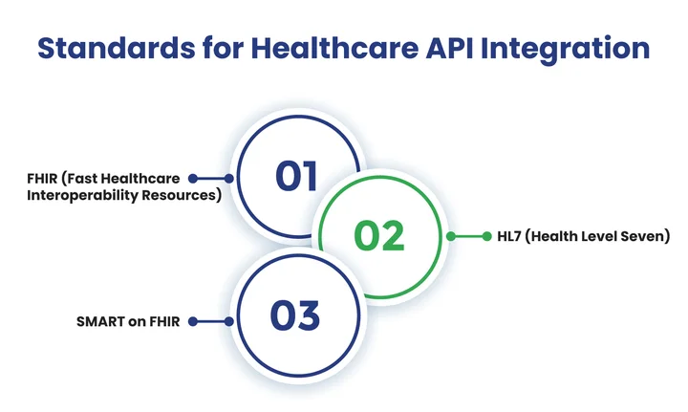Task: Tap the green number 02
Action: point(379,235)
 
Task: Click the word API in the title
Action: point(452,49)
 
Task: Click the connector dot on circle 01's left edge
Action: point(228,178)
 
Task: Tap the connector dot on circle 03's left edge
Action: point(228,322)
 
